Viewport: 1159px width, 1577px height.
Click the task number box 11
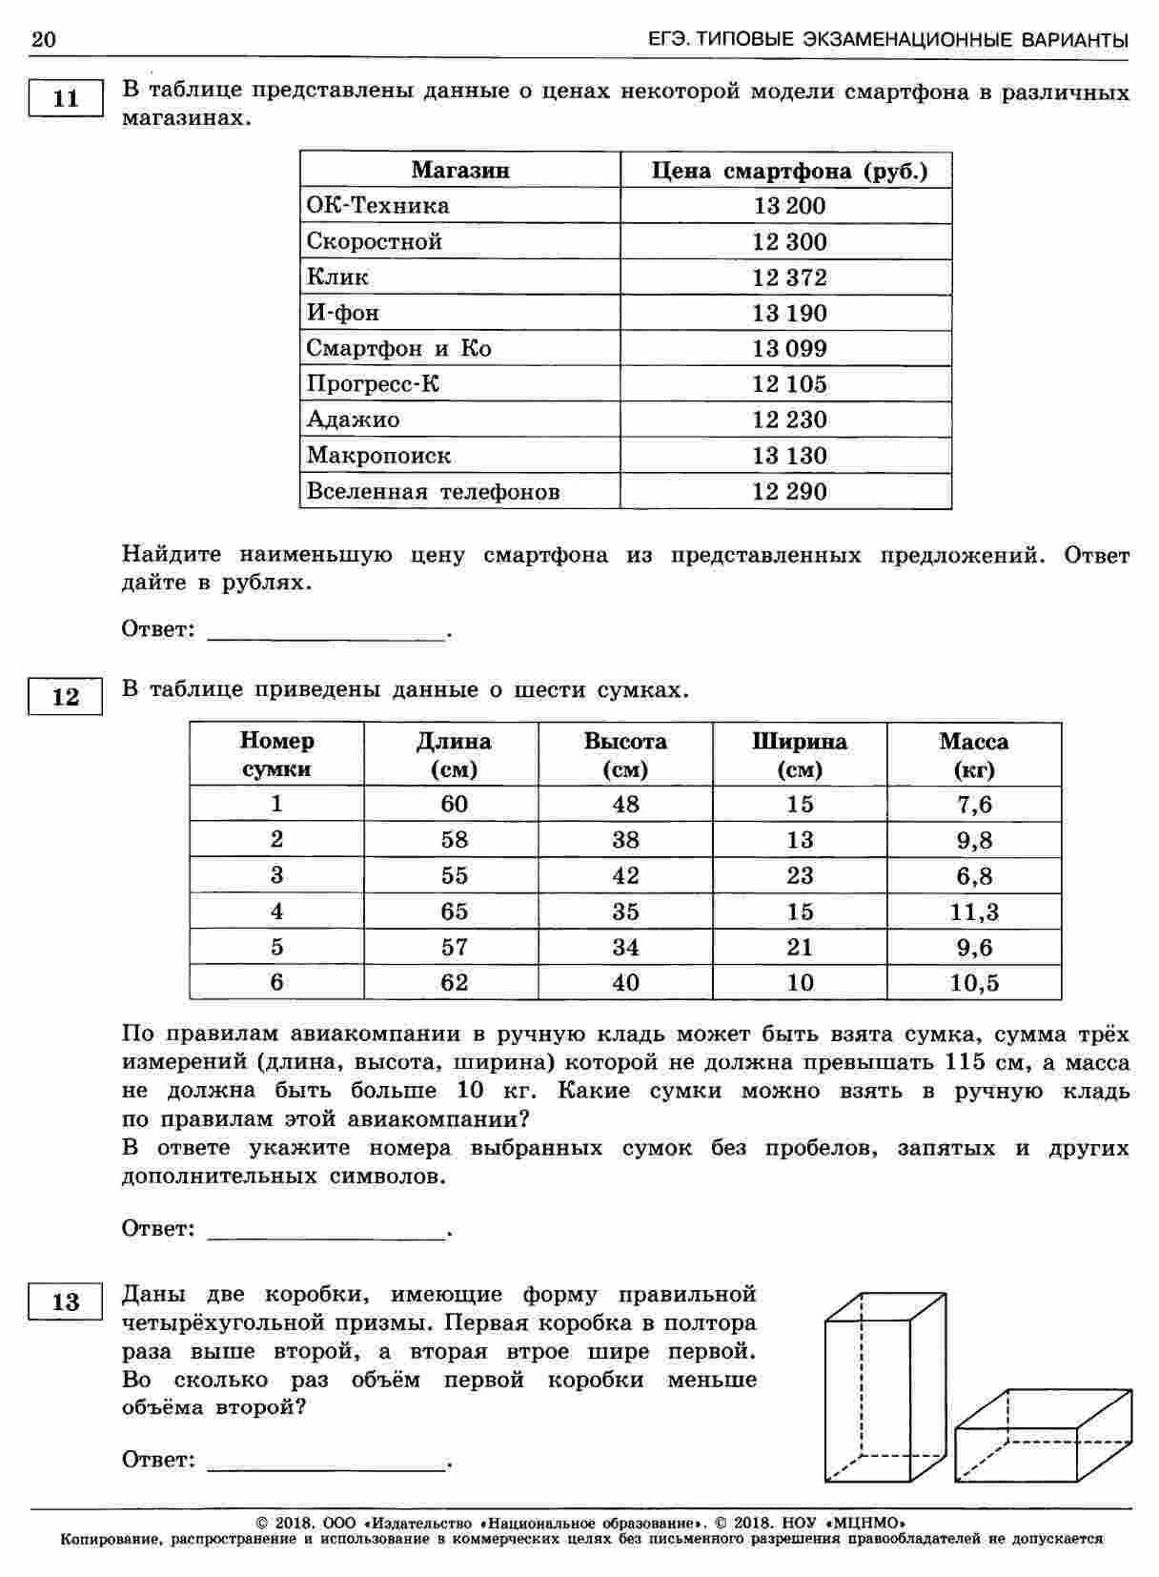click(66, 98)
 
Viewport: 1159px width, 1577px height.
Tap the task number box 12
click(66, 696)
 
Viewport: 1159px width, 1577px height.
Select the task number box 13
click(66, 1301)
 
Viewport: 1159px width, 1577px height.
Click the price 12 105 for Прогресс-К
click(789, 384)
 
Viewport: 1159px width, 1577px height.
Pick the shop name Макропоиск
click(378, 456)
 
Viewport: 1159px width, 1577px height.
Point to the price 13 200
click(789, 206)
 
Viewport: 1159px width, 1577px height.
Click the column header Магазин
click(460, 171)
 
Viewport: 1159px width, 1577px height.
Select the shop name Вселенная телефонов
click(433, 492)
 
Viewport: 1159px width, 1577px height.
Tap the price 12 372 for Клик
click(789, 277)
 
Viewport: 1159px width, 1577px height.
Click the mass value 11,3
click(974, 911)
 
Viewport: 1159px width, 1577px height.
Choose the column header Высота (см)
click(625, 754)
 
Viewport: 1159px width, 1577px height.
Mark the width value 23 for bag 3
click(800, 875)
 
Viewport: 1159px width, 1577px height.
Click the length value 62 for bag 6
click(454, 982)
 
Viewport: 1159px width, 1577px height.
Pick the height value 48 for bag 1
click(625, 804)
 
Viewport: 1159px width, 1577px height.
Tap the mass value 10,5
click(974, 982)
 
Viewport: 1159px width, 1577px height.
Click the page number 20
click(44, 39)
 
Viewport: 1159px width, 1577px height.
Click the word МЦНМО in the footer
click(869, 1522)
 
